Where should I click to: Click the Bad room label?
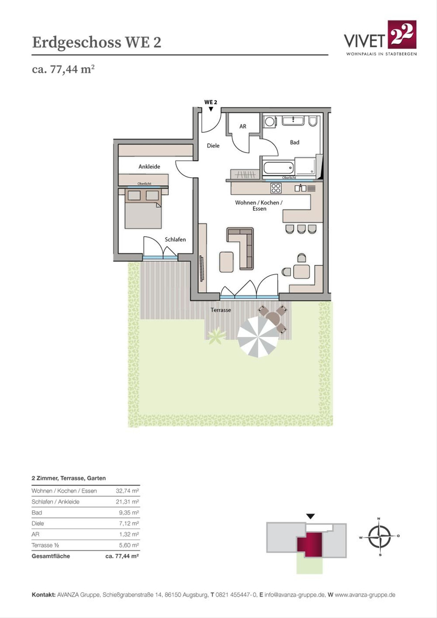coord(294,142)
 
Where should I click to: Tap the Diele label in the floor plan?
coord(213,146)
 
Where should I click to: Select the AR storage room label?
coord(243,126)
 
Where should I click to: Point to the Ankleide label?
coord(149,167)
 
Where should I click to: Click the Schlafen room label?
coord(175,240)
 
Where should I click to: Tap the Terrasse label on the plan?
coord(221,310)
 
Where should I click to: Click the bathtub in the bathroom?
coord(279,167)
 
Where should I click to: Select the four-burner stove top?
coord(276,188)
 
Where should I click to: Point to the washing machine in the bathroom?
coord(269,121)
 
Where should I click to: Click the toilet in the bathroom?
coord(313,121)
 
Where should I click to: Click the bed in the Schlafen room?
coord(143,208)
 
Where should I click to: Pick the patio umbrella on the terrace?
coord(258,337)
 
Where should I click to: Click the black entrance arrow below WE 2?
coord(211,109)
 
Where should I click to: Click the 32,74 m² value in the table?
coord(127,491)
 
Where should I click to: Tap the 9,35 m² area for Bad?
coord(129,513)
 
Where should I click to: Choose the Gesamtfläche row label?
coord(51,556)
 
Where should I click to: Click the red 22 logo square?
coord(402,34)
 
